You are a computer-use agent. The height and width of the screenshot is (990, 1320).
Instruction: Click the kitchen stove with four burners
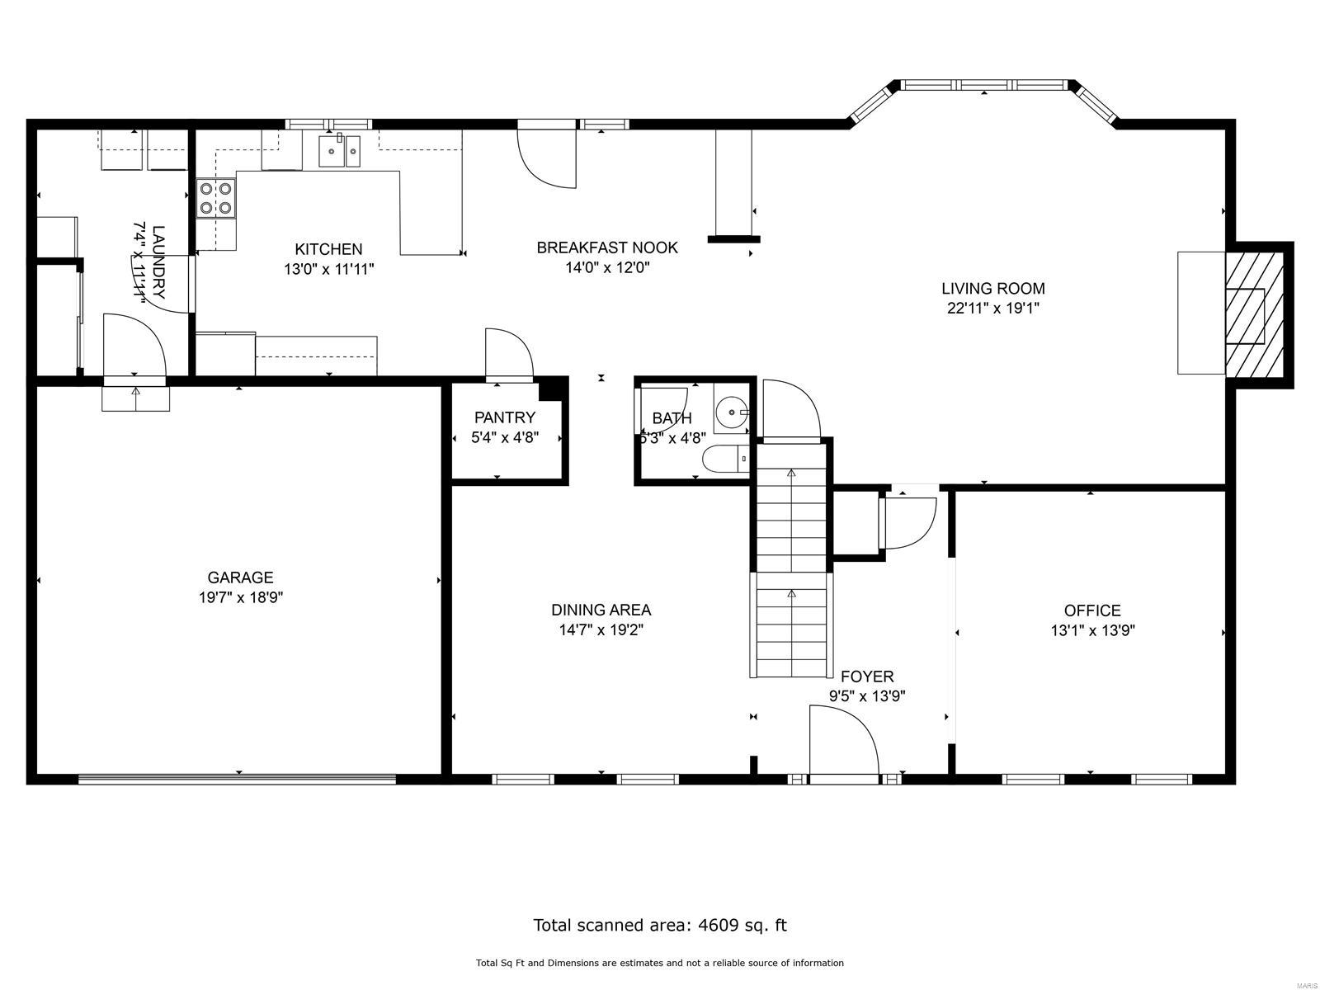215,199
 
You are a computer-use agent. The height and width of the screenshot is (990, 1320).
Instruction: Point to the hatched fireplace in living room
1254,315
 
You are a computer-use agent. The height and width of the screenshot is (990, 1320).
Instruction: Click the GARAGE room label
240,577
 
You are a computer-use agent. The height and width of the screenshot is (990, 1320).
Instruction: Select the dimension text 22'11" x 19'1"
993,309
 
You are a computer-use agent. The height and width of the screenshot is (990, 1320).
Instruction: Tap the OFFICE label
1091,610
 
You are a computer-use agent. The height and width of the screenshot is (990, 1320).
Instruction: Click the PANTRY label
505,417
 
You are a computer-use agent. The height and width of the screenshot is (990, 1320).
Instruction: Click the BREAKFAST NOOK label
607,247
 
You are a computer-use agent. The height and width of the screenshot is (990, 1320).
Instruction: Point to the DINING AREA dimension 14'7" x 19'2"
601,630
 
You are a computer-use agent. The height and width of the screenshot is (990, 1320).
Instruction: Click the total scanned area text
660,925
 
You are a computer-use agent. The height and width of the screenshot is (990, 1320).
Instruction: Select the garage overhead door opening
238,777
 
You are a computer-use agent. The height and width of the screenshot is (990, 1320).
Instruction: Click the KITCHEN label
328,249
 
